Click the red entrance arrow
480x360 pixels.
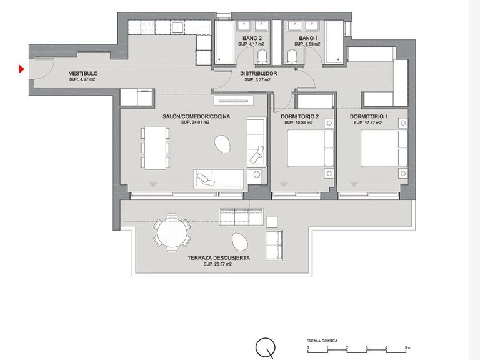point(22,69)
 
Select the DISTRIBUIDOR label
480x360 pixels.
point(258,74)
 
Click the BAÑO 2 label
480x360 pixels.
point(253,39)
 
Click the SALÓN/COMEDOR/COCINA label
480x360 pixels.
point(194,117)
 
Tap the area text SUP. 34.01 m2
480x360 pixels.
point(194,123)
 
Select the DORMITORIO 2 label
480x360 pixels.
point(300,117)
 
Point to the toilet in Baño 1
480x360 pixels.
point(292,58)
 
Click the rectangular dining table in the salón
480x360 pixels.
point(155,147)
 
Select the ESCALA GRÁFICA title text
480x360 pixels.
point(322,341)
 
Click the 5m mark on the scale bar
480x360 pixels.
point(407,347)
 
